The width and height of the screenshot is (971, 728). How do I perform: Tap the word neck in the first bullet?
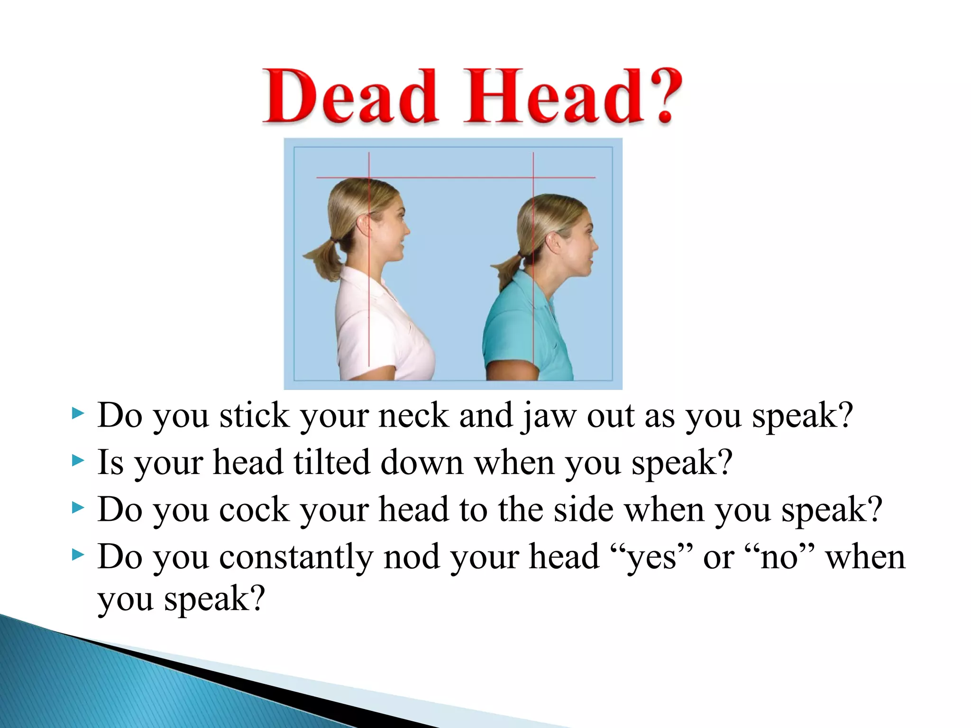coord(413,416)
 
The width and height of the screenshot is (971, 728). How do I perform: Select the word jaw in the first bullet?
coord(550,416)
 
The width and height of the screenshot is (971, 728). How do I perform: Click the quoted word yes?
coord(652,558)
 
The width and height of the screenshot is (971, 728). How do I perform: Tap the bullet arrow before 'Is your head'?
coord(77,460)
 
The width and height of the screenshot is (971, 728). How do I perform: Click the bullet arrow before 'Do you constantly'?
coord(77,555)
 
